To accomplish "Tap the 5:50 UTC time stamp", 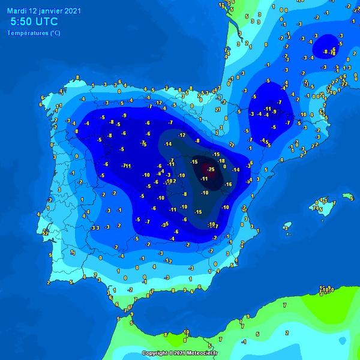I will [x=35, y=22].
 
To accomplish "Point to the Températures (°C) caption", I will [x=33, y=33].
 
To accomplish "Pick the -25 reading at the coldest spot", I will [x=211, y=170].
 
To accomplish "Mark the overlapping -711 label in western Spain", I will [x=126, y=166].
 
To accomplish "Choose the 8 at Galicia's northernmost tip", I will [x=77, y=77].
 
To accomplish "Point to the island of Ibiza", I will [x=287, y=226].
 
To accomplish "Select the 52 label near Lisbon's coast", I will [x=46, y=232].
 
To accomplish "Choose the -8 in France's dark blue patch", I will [x=326, y=52].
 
